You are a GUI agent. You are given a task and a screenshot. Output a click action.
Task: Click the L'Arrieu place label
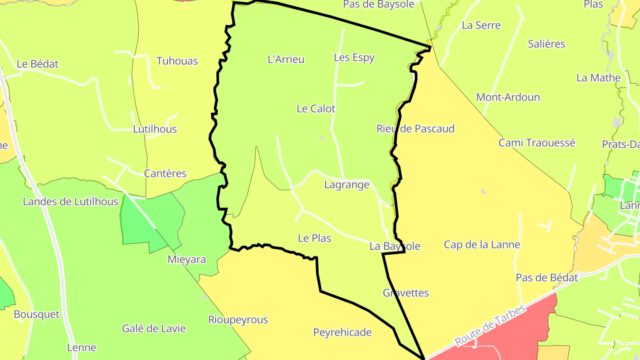[286, 59]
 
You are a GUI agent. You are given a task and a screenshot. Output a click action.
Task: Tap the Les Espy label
[354, 57]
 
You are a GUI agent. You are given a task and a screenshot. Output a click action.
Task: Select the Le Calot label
[316, 108]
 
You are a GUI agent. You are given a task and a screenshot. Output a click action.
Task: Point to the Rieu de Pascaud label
[415, 129]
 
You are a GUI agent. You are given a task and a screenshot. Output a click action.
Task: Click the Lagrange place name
[347, 184]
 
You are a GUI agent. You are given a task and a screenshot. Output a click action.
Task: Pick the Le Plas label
[314, 238]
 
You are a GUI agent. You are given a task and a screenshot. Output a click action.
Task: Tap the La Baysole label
[395, 246]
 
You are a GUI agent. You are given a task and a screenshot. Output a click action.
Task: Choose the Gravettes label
[406, 293]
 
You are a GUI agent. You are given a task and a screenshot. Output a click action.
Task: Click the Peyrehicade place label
[342, 332]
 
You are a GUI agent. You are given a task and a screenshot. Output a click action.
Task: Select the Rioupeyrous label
[238, 320]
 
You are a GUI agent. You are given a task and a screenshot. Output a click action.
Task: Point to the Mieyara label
[187, 260]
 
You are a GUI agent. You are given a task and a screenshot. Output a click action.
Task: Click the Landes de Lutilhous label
[70, 202]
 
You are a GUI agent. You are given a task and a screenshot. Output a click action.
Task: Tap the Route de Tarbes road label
[490, 326]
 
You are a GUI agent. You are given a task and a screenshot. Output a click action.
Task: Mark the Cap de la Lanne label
[482, 244]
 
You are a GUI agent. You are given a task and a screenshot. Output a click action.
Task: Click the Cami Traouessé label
[536, 143]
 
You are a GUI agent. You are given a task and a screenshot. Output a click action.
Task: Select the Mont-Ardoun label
[508, 97]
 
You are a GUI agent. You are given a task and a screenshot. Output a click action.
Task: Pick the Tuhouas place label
[177, 61]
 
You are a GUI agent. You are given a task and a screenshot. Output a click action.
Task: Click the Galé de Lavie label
[154, 329]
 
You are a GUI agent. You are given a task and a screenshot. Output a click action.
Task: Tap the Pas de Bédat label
[547, 278]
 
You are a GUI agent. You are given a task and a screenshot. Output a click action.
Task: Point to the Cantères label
[165, 173]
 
